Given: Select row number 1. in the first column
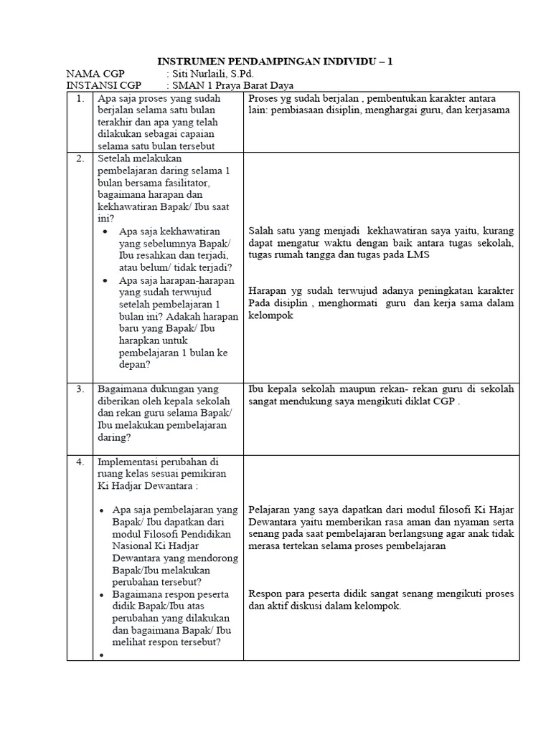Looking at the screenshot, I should click(x=80, y=98).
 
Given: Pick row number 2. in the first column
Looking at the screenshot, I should click(x=80, y=158).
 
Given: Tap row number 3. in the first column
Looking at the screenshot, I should click(x=80, y=389).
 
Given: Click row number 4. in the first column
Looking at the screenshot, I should click(x=80, y=462).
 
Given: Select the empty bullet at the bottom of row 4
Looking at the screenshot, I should click(x=104, y=654).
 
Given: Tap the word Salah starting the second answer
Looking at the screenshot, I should click(x=260, y=231).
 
